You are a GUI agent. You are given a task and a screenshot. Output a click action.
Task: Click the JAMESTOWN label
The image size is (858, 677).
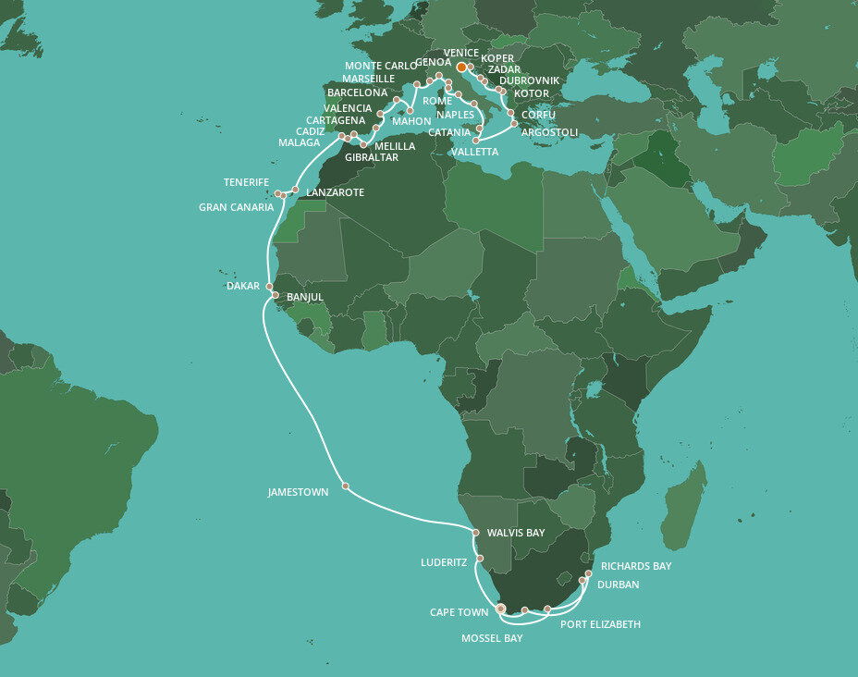click(298, 493)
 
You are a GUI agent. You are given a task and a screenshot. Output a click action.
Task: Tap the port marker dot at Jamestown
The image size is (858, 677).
click(345, 486)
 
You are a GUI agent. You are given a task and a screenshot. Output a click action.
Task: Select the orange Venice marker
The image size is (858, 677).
click(461, 67)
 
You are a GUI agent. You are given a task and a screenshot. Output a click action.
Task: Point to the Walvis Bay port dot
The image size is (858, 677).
click(475, 534)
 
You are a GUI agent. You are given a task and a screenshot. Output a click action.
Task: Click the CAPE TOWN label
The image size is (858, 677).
click(460, 613)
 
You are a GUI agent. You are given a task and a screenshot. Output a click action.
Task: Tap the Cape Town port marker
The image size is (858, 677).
click(501, 609)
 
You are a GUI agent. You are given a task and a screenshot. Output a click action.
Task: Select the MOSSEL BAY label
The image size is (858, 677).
click(492, 638)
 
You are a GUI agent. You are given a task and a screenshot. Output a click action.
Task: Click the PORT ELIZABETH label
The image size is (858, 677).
click(600, 625)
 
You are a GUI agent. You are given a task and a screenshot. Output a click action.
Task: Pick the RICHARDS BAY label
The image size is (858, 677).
click(636, 566)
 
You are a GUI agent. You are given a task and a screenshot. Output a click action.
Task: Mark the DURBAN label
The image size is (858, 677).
click(619, 585)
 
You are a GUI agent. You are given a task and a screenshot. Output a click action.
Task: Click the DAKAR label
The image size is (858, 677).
click(243, 287)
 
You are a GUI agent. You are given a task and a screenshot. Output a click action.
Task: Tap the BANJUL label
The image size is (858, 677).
click(305, 298)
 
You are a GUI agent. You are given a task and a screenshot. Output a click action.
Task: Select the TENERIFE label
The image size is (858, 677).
click(246, 182)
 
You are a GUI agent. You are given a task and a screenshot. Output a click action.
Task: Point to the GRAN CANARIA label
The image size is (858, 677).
click(236, 207)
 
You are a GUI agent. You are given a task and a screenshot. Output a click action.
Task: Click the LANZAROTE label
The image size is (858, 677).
click(334, 192)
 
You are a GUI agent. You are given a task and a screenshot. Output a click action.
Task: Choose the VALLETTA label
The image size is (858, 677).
click(475, 152)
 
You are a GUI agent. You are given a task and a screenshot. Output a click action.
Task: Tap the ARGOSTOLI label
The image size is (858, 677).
click(549, 133)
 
